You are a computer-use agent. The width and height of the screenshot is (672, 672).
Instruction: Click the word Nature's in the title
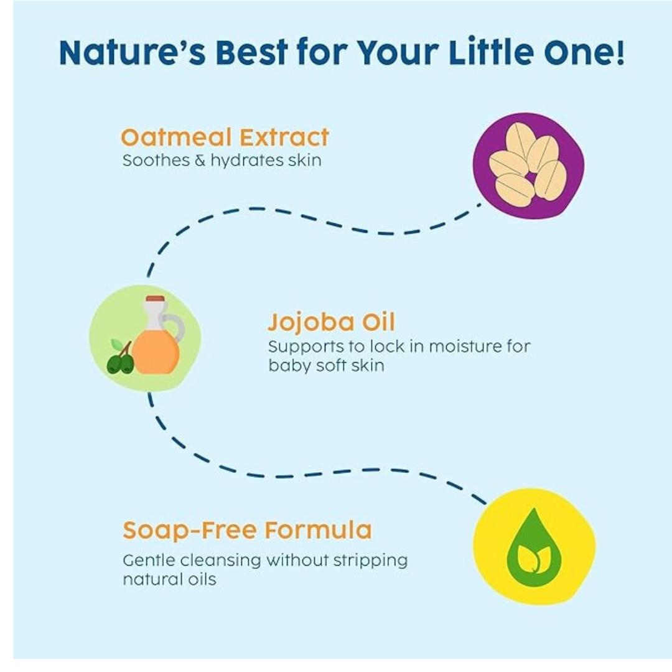(x=133, y=52)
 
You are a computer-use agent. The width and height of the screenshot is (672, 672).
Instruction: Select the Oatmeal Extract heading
(x=225, y=138)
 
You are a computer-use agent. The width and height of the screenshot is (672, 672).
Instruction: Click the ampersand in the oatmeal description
(x=200, y=161)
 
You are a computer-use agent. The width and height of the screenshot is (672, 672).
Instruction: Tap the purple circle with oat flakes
(x=528, y=166)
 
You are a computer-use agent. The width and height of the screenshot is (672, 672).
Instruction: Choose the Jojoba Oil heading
(x=331, y=323)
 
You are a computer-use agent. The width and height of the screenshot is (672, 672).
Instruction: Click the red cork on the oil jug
(x=155, y=299)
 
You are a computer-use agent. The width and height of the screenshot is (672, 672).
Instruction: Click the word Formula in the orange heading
(x=318, y=530)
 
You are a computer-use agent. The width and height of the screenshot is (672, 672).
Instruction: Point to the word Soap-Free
(x=190, y=530)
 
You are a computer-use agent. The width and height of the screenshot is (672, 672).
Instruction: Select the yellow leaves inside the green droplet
(x=534, y=558)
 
